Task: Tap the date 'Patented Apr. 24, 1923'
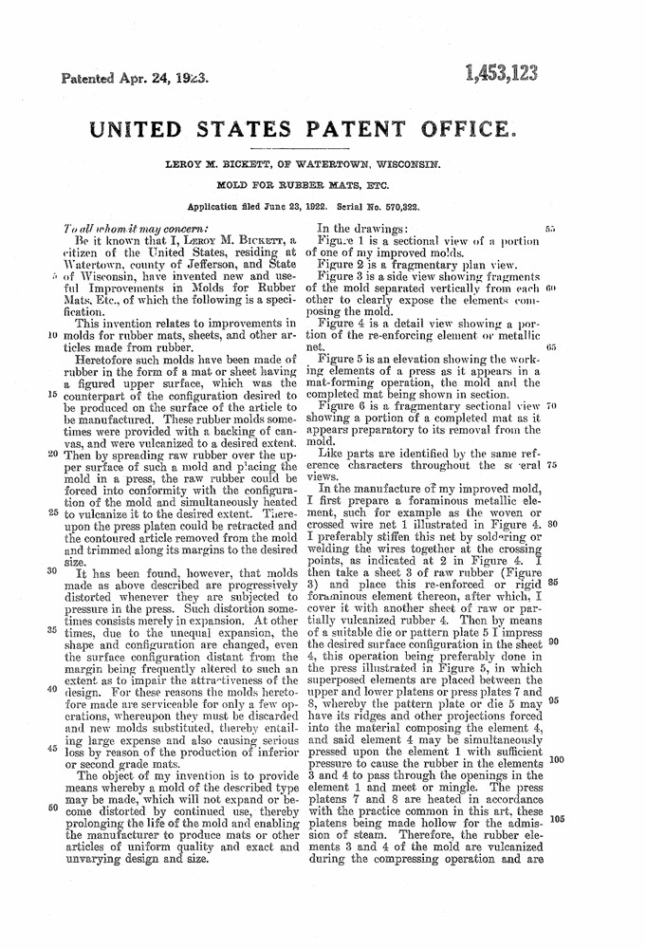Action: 136,79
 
